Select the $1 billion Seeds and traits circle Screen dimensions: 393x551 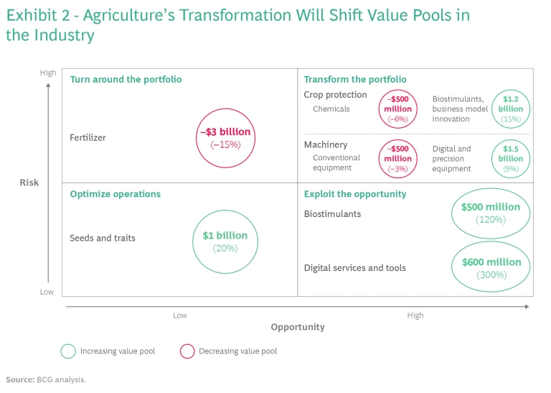click(x=225, y=241)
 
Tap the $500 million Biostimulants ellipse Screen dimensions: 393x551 click(x=491, y=213)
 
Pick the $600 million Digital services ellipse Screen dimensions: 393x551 click(x=491, y=268)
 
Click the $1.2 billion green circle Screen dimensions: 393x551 click(x=512, y=109)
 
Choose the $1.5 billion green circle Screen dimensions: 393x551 click(x=511, y=158)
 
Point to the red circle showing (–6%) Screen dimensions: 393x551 click(x=397, y=109)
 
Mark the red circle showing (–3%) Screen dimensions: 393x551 click(x=397, y=158)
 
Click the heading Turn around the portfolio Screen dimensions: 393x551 click(x=126, y=79)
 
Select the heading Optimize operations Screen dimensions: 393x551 click(x=115, y=194)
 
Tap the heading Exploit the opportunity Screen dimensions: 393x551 click(x=355, y=194)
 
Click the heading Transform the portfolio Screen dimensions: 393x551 click(x=355, y=79)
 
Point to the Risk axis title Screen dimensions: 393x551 click(x=29, y=182)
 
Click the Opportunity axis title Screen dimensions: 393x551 click(x=298, y=327)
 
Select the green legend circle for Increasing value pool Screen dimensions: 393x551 click(x=68, y=351)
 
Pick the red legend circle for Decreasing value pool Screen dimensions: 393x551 click(x=187, y=351)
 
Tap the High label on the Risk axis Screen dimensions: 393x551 click(x=48, y=73)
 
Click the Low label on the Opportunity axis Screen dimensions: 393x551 click(x=180, y=315)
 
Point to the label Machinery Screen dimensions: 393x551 click(x=326, y=145)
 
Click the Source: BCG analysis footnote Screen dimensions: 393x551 click(x=46, y=379)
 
